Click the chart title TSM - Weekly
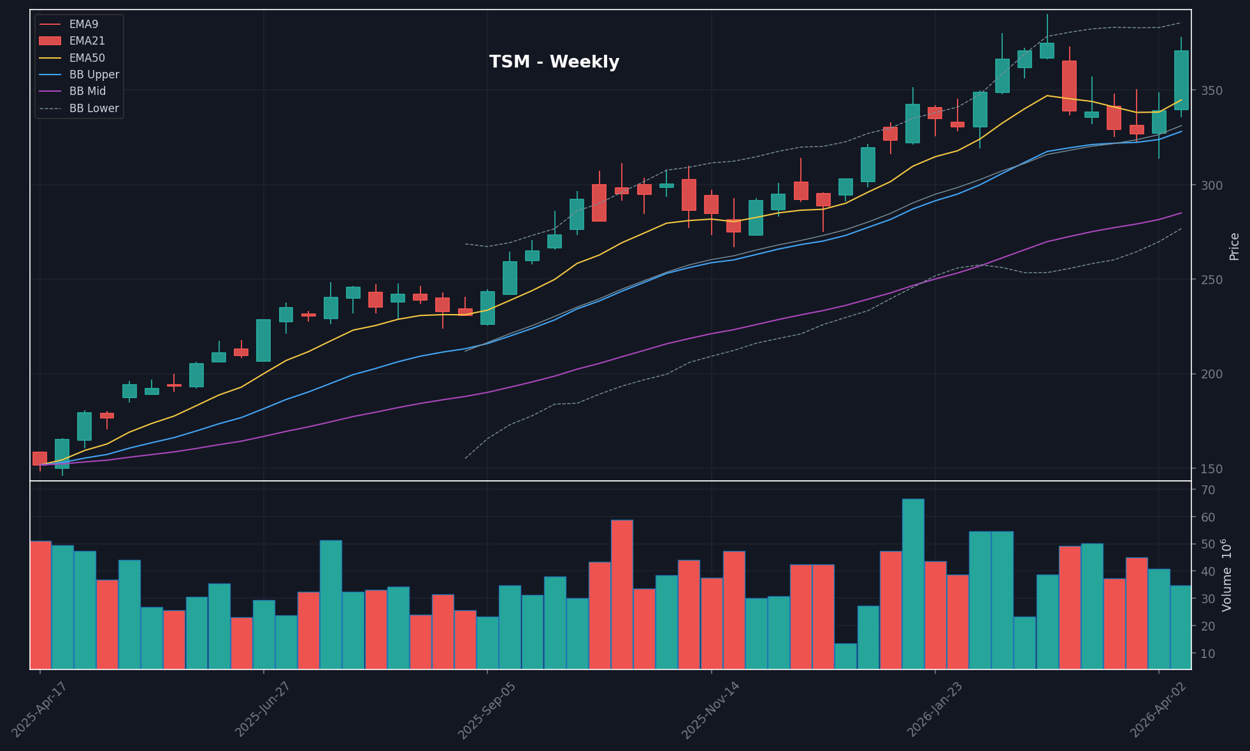554,62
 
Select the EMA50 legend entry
87,58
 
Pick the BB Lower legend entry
94,108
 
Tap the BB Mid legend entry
87,91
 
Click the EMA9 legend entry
83,24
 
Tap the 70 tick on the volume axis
1207,490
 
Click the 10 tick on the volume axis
1207,654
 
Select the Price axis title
1234,246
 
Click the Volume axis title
1226,575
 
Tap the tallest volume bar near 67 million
913,583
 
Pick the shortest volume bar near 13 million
845,656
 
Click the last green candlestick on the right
1181,80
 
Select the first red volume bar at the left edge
40,605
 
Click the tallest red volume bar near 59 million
622,594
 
